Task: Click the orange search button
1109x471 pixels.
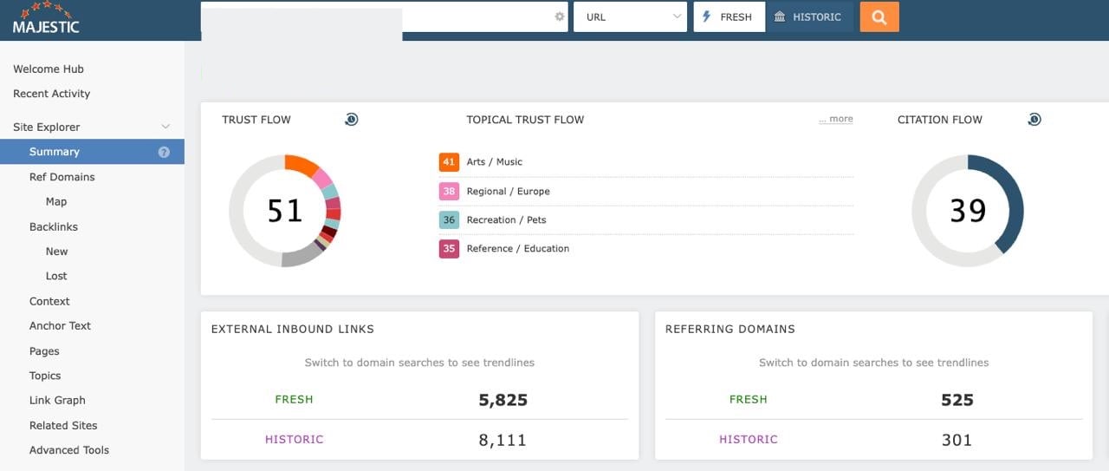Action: (x=879, y=17)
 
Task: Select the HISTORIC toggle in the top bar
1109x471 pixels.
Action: (x=808, y=17)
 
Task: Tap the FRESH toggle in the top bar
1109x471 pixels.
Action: (x=729, y=17)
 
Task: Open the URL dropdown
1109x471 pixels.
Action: (x=630, y=17)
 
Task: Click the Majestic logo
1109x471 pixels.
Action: (x=46, y=19)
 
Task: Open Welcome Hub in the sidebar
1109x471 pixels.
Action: (x=49, y=69)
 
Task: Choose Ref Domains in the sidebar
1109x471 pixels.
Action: (x=62, y=177)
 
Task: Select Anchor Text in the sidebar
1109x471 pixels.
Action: (x=60, y=326)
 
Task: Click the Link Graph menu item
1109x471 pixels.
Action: (x=57, y=401)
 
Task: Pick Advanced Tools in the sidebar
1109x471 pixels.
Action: (x=69, y=450)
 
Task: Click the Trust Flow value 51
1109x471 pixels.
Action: (x=284, y=211)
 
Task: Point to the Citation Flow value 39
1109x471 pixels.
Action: (x=968, y=211)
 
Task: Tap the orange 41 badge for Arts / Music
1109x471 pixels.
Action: (x=449, y=162)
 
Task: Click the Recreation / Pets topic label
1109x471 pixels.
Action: (x=506, y=220)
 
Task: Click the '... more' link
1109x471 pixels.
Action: (x=835, y=119)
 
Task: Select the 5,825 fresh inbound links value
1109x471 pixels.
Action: (x=503, y=400)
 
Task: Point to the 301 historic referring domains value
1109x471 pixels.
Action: (x=957, y=440)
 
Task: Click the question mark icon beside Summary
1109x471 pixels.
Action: (x=164, y=152)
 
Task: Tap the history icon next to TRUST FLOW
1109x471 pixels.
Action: (x=351, y=120)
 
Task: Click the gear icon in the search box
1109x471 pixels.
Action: (x=559, y=16)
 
